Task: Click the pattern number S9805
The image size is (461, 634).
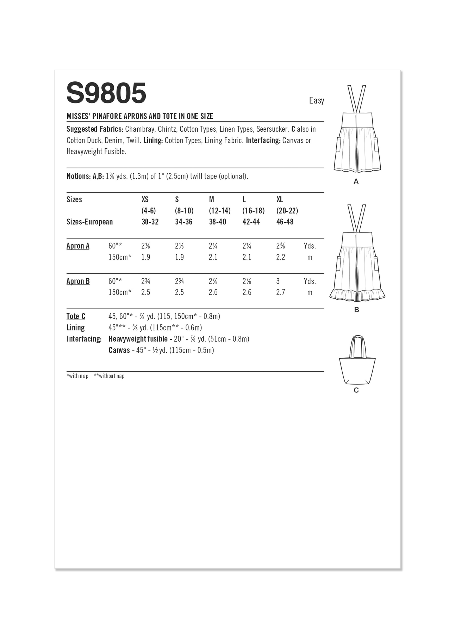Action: coord(106,93)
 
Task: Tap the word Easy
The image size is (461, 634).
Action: coord(316,101)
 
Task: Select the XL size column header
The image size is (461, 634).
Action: coord(280,200)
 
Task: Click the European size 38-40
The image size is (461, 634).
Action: coord(217,222)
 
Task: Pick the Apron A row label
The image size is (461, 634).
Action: coord(78,246)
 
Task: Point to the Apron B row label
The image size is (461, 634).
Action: coord(78,281)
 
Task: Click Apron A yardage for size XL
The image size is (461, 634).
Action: coord(280,246)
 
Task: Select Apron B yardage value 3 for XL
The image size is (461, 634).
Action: coord(278,281)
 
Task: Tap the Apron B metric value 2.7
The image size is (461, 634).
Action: coord(280,292)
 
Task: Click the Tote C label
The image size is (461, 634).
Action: coord(76,316)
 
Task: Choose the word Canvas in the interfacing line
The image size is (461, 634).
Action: coord(119,350)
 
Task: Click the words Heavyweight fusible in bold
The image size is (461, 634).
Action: coord(138,339)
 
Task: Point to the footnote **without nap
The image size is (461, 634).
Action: coord(109,376)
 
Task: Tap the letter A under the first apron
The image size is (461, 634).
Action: coord(356,182)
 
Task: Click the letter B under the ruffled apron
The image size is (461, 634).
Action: coord(356,310)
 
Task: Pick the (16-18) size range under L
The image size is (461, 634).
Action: coord(253,211)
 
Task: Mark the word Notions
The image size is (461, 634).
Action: coord(79,176)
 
